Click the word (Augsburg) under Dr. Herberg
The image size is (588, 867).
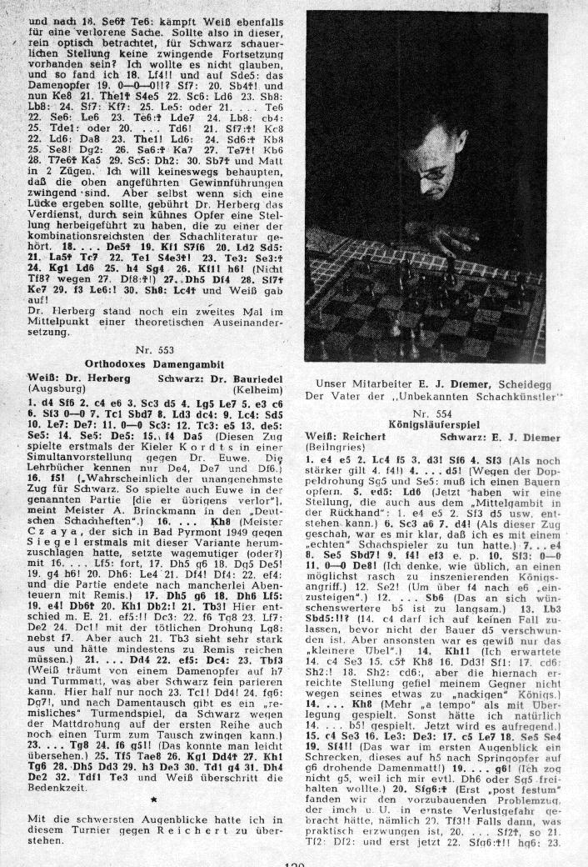click(52, 388)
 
